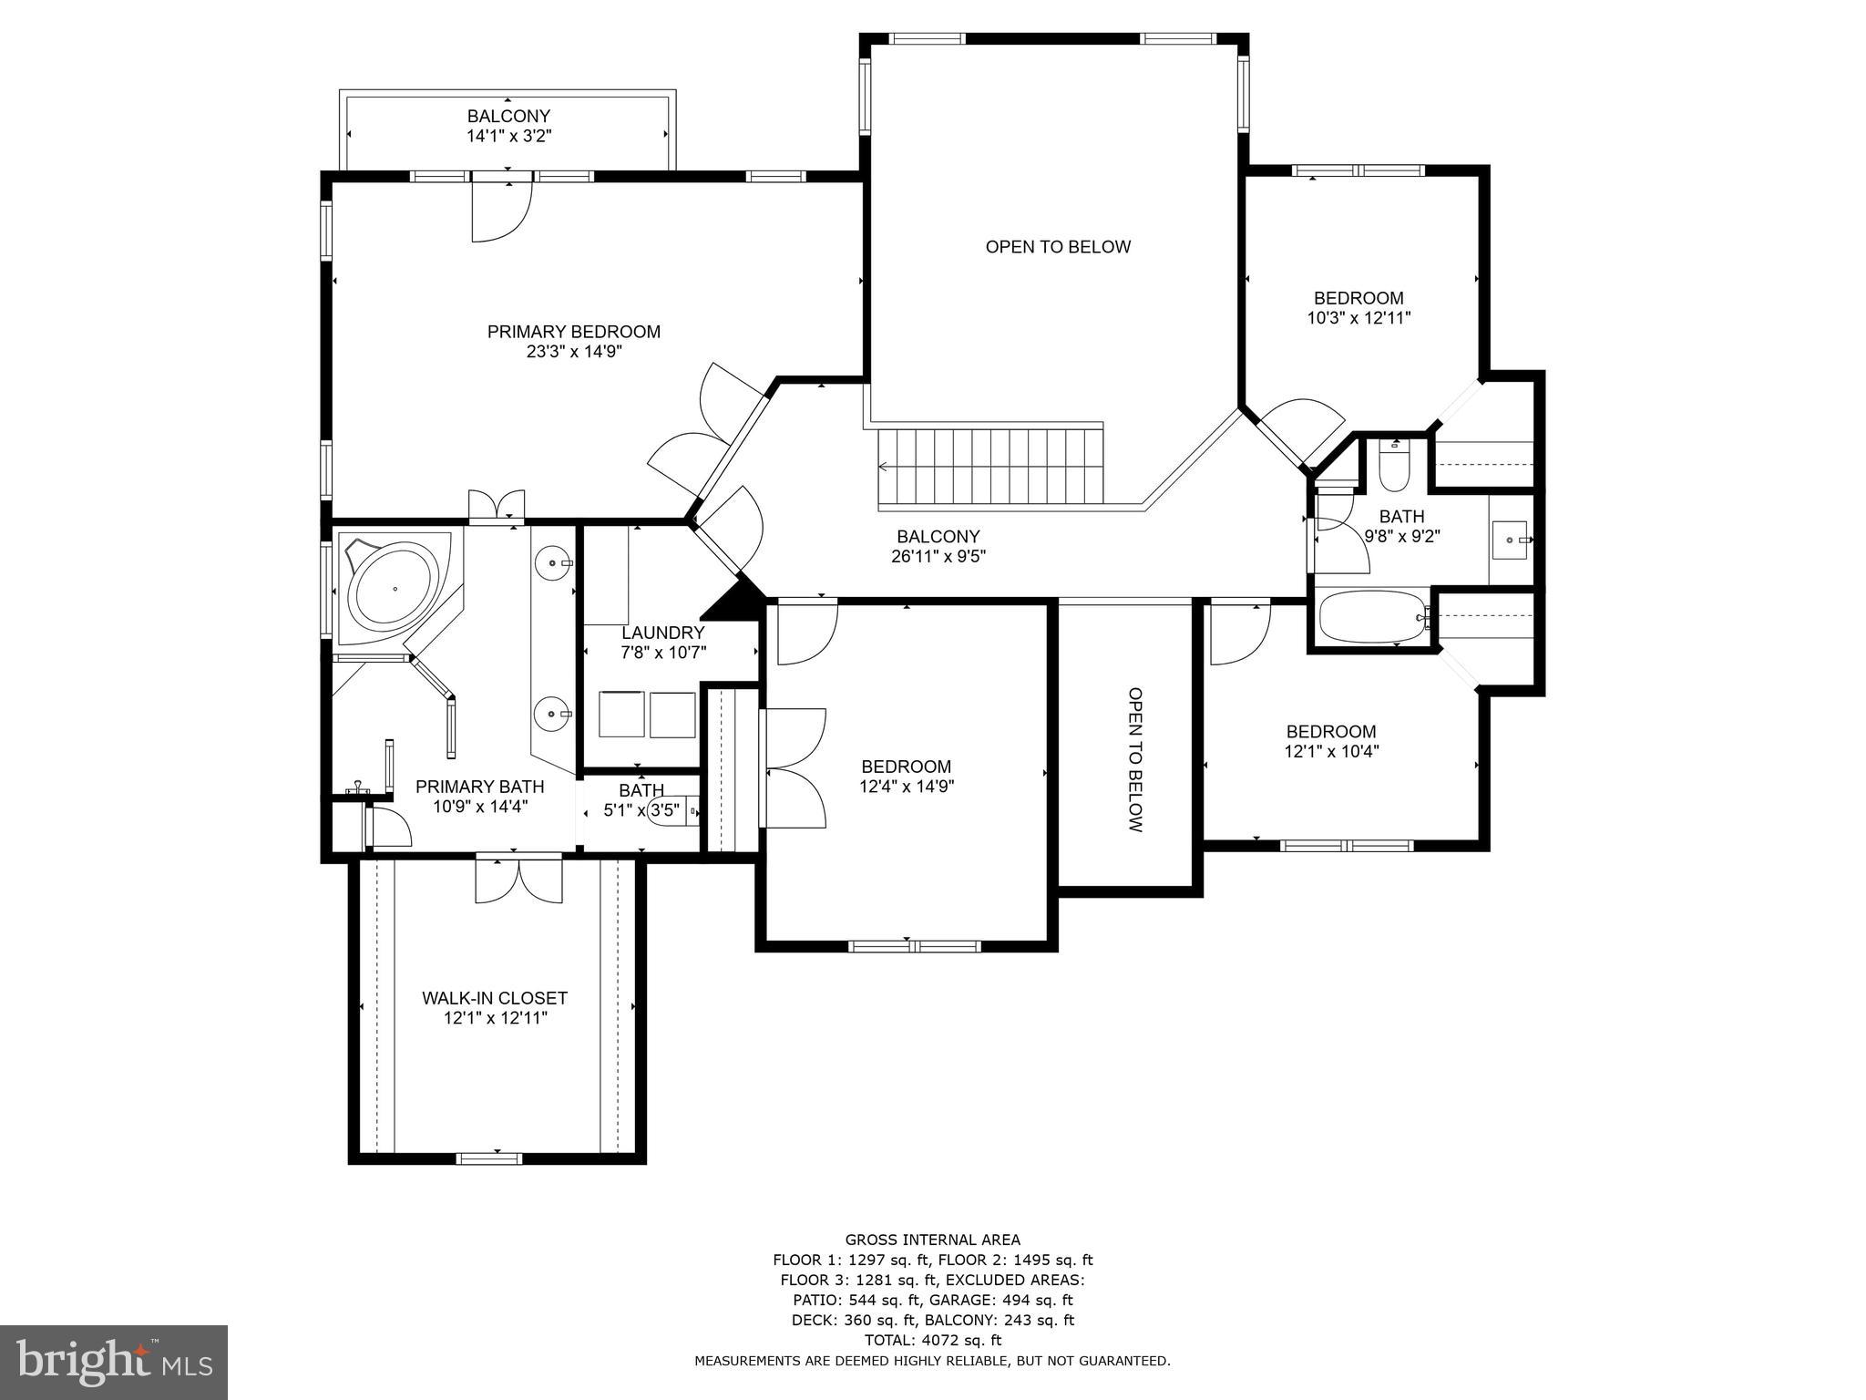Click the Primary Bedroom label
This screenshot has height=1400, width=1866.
coord(573,332)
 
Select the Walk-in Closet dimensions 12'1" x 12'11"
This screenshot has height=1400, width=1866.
coord(495,1018)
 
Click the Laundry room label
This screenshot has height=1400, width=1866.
coord(662,633)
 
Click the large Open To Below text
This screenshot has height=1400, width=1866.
coord(1058,247)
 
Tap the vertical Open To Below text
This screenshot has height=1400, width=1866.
coord(1134,759)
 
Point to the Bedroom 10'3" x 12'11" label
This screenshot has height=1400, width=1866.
coord(1358,298)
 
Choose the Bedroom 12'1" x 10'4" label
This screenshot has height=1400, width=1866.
coord(1330,732)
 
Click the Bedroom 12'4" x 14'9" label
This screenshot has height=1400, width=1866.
coord(906,767)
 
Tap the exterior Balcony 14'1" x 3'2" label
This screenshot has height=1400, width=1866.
coord(508,117)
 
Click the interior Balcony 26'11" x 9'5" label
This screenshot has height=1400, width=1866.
coord(938,537)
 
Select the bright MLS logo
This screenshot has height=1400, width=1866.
coord(114,1363)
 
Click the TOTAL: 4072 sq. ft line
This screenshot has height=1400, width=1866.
coord(932,1340)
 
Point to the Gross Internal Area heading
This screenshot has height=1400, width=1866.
coord(932,1240)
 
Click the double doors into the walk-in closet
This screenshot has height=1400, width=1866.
coord(518,880)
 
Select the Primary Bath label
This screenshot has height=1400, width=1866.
coord(479,787)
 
